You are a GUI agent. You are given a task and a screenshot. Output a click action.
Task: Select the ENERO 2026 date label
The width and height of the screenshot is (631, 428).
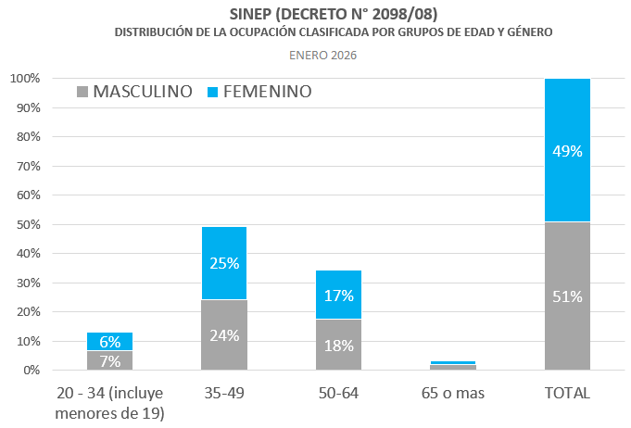pyautogui.click(x=322, y=55)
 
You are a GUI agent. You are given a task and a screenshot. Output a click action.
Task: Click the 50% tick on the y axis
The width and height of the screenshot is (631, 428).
pyautogui.click(x=27, y=224)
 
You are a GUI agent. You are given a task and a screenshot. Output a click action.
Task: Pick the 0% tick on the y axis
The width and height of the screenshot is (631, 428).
pyautogui.click(x=31, y=371)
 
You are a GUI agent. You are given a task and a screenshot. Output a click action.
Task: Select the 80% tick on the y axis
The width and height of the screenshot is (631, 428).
pyautogui.click(x=27, y=137)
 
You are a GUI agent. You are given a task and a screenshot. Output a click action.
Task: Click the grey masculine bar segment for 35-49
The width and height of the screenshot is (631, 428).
pyautogui.click(x=223, y=335)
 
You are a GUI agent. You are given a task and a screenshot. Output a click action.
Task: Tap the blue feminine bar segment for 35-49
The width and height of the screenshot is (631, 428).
pyautogui.click(x=223, y=263)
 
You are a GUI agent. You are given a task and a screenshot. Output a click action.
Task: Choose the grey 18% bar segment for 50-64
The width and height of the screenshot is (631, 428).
pyautogui.click(x=338, y=345)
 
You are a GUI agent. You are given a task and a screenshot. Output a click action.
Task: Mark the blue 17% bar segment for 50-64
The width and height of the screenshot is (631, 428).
pyautogui.click(x=338, y=295)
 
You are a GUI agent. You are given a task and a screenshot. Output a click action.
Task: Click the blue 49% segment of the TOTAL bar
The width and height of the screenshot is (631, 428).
pyautogui.click(x=567, y=150)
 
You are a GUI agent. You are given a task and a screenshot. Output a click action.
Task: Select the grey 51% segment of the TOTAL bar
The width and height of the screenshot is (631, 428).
pyautogui.click(x=567, y=296)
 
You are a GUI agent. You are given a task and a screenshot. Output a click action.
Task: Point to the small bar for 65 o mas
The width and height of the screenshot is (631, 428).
pyautogui.click(x=453, y=366)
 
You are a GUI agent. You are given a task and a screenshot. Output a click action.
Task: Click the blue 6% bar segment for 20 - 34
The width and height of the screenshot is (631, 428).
pyautogui.click(x=109, y=341)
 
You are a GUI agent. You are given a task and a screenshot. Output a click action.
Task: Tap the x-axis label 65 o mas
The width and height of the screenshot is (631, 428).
pyautogui.click(x=453, y=393)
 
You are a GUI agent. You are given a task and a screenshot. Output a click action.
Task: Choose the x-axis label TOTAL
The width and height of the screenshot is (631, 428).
pyautogui.click(x=567, y=393)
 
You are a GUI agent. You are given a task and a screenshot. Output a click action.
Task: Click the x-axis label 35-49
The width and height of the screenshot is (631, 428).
pyautogui.click(x=223, y=393)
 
